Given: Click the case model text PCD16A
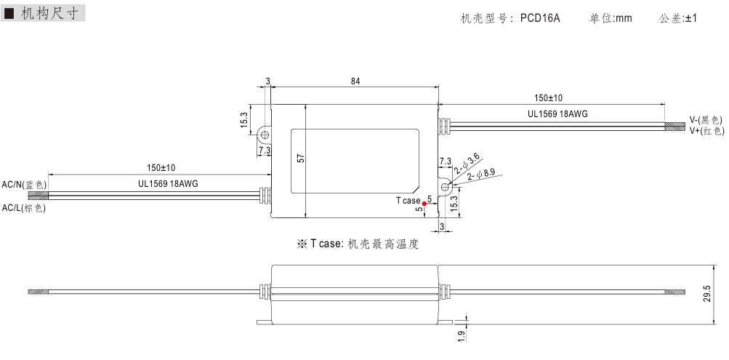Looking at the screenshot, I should click(x=540, y=19).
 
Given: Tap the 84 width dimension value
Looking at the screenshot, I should click(x=355, y=81).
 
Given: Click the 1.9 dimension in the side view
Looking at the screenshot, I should click(x=461, y=337).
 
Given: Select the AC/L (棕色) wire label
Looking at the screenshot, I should click(x=24, y=208).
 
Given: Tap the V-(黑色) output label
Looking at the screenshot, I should click(x=705, y=119).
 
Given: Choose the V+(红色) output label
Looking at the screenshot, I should click(x=705, y=131).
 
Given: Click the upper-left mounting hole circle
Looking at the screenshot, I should click(x=265, y=135).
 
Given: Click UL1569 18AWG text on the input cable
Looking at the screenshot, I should click(x=168, y=184).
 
